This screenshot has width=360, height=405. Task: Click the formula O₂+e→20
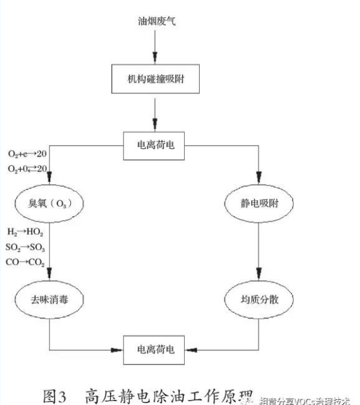26,155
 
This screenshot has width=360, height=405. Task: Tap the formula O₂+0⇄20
26,169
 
